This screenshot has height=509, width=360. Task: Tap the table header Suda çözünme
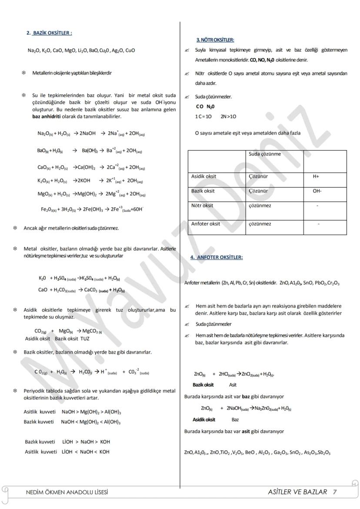click(265, 154)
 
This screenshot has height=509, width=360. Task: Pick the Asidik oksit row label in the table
click(203, 176)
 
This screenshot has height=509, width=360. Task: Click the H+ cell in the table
click(316, 176)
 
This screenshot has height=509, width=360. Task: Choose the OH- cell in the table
click(317, 191)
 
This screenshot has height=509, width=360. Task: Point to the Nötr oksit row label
click(202, 206)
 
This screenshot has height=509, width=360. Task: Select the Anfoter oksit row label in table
click(205, 224)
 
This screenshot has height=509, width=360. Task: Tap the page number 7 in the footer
click(334, 492)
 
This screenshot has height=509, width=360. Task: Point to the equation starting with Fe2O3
click(92, 210)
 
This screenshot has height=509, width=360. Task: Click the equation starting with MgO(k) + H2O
click(91, 194)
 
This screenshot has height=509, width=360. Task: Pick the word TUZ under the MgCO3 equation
click(85, 339)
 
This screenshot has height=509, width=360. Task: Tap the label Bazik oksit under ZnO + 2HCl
click(203, 385)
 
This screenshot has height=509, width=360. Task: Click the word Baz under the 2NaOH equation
click(235, 419)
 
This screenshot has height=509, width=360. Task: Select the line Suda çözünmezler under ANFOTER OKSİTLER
click(213, 324)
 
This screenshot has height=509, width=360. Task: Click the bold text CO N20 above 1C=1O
click(205, 106)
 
